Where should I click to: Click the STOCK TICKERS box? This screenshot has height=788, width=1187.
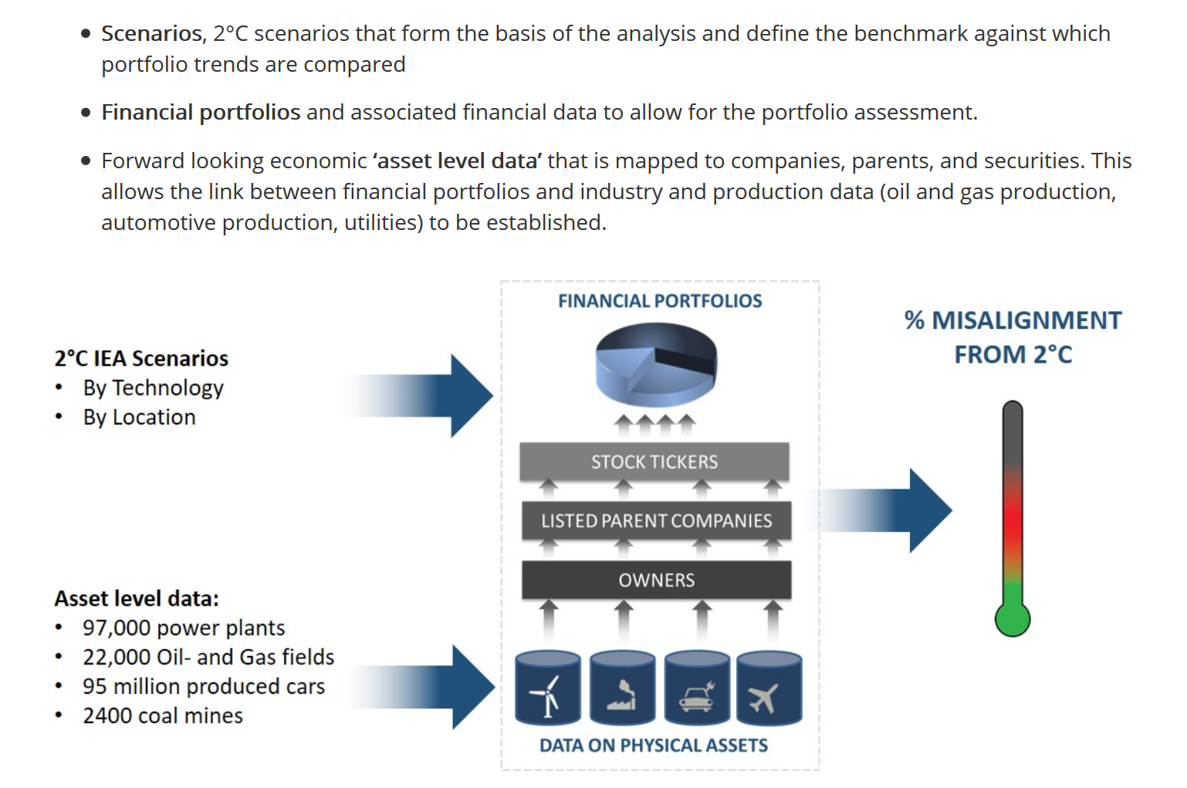click(x=654, y=462)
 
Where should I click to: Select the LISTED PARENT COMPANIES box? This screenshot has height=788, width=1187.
click(x=657, y=520)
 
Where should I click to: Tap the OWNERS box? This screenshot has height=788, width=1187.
click(x=657, y=580)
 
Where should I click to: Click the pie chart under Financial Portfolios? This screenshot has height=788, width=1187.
click(x=656, y=365)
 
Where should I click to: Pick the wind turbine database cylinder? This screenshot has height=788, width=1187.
click(x=548, y=688)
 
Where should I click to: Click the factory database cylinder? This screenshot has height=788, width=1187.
click(x=623, y=688)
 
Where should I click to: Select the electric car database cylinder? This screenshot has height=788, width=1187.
click(x=697, y=688)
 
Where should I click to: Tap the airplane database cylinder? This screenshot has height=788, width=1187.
click(x=769, y=688)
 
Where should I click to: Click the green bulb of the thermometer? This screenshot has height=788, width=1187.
click(x=1013, y=618)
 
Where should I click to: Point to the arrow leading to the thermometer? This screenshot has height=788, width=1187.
click(x=880, y=510)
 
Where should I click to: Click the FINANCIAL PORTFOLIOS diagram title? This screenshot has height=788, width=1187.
click(x=660, y=301)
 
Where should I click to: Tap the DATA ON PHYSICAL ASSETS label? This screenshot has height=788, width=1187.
click(x=654, y=745)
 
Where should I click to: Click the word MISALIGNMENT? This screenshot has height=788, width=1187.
click(x=1026, y=320)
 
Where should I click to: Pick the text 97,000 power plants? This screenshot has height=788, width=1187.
click(x=184, y=628)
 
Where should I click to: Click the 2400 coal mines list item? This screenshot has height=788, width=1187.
click(x=163, y=716)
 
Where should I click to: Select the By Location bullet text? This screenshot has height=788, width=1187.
click(x=140, y=418)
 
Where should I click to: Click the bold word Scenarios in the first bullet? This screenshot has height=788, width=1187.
click(x=151, y=33)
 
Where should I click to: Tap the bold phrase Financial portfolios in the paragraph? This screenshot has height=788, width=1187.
click(x=201, y=113)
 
